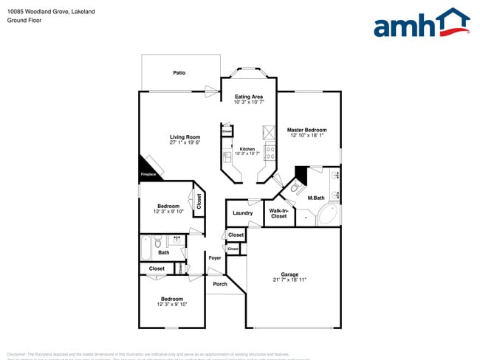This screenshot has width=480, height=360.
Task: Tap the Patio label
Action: coord(179,73)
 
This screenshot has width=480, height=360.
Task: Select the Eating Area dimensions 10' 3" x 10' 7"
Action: coord(248,103)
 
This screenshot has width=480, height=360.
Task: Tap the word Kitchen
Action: coord(247,149)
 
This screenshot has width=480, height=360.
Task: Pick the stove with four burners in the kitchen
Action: coord(270,153)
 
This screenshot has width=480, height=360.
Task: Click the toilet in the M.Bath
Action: coord(295,188)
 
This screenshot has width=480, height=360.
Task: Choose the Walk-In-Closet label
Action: coord(278,213)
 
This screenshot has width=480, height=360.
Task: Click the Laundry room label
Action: coord(242,213)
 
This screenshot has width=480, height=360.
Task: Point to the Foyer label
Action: coord(215,258)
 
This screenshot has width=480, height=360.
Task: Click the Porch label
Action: coord(219,284)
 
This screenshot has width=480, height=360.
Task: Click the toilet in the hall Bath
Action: coord(157,241)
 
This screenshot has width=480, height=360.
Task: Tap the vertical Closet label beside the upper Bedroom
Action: coord(199,200)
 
